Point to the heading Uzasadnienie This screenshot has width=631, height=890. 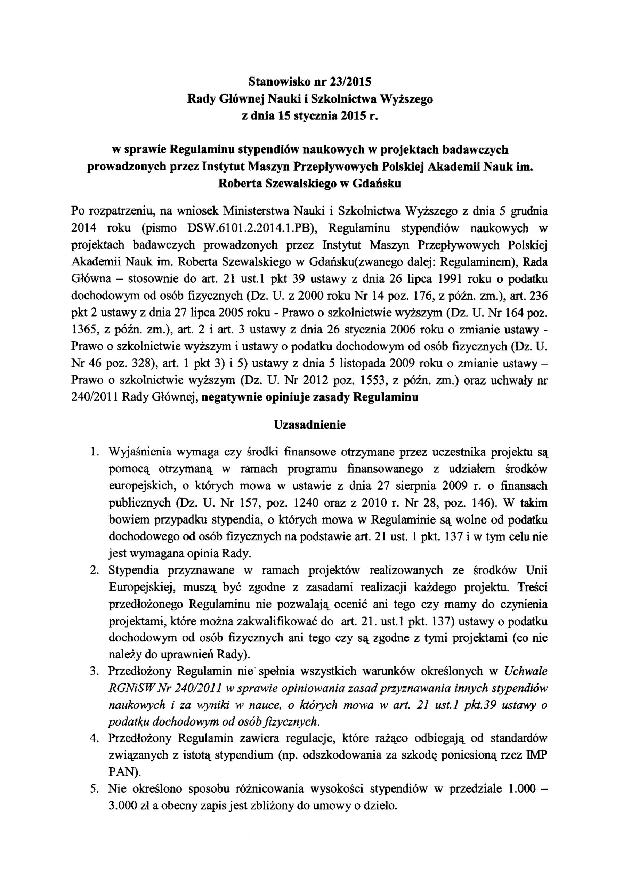[x=310, y=424]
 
